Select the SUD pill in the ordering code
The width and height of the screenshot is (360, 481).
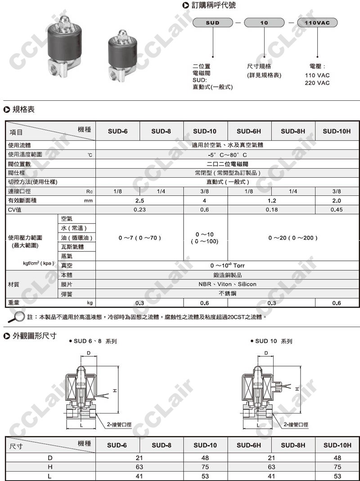point(213,22)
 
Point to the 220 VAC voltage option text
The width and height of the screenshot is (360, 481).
point(317,83)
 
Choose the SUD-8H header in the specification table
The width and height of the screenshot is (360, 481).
point(293,131)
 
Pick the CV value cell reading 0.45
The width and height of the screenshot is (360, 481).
point(337,210)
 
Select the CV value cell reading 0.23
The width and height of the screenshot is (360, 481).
point(139,210)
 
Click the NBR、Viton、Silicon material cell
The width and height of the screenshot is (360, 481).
point(227,284)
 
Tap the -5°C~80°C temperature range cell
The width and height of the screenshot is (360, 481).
point(227,155)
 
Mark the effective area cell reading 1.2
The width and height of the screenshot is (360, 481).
point(271,201)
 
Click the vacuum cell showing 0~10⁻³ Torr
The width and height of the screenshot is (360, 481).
point(227,265)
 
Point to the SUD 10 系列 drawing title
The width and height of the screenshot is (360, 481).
point(274,341)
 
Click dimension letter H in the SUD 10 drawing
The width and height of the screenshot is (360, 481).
point(297,388)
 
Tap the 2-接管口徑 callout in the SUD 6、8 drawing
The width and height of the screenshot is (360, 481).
point(119,424)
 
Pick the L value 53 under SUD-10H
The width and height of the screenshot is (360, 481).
point(337,476)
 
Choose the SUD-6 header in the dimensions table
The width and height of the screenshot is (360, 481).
point(117,445)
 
